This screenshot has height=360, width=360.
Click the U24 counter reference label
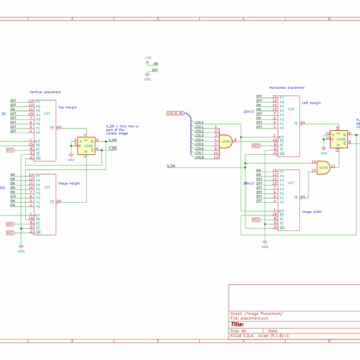(47, 113)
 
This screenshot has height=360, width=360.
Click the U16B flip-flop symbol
(339, 139)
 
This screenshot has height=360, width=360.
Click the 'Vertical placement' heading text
(45, 92)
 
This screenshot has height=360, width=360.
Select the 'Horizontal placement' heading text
(286, 88)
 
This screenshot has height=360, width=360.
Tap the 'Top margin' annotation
(67, 107)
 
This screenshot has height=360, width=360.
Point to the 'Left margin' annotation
(311, 103)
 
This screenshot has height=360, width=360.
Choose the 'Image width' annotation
(311, 211)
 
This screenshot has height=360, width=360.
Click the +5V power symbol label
(148, 58)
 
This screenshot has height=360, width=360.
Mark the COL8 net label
(199, 158)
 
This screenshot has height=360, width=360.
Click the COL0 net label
(199, 122)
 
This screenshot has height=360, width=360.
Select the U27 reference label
(290, 183)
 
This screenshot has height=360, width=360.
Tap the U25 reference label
(47, 187)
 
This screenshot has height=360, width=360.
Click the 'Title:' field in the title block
(238, 324)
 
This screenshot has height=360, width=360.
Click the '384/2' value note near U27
(248, 183)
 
